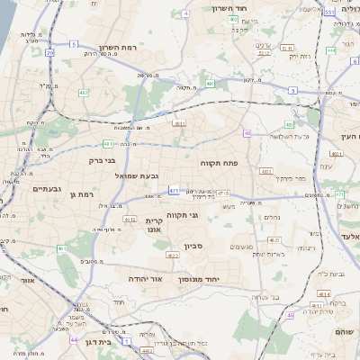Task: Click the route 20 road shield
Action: click(x=49, y=53)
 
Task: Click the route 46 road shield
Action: click(x=291, y=315)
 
